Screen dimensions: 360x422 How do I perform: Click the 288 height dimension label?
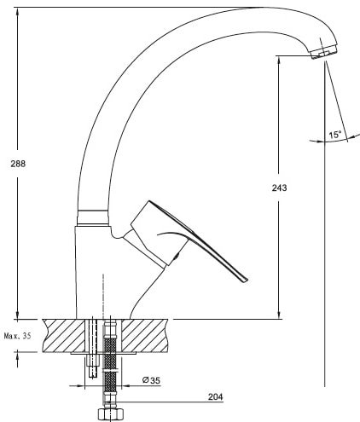pyautogui.click(x=18, y=164)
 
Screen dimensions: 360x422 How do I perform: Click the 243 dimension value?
pyautogui.click(x=279, y=188)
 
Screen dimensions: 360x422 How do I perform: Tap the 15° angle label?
pyautogui.click(x=335, y=135)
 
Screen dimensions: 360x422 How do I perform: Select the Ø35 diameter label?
pyautogui.click(x=151, y=380)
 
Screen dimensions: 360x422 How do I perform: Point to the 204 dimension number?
pyautogui.click(x=215, y=396)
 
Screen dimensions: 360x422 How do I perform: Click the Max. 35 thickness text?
pyautogui.click(x=18, y=336)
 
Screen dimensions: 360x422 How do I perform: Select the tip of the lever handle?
pyautogui.click(x=245, y=280)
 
